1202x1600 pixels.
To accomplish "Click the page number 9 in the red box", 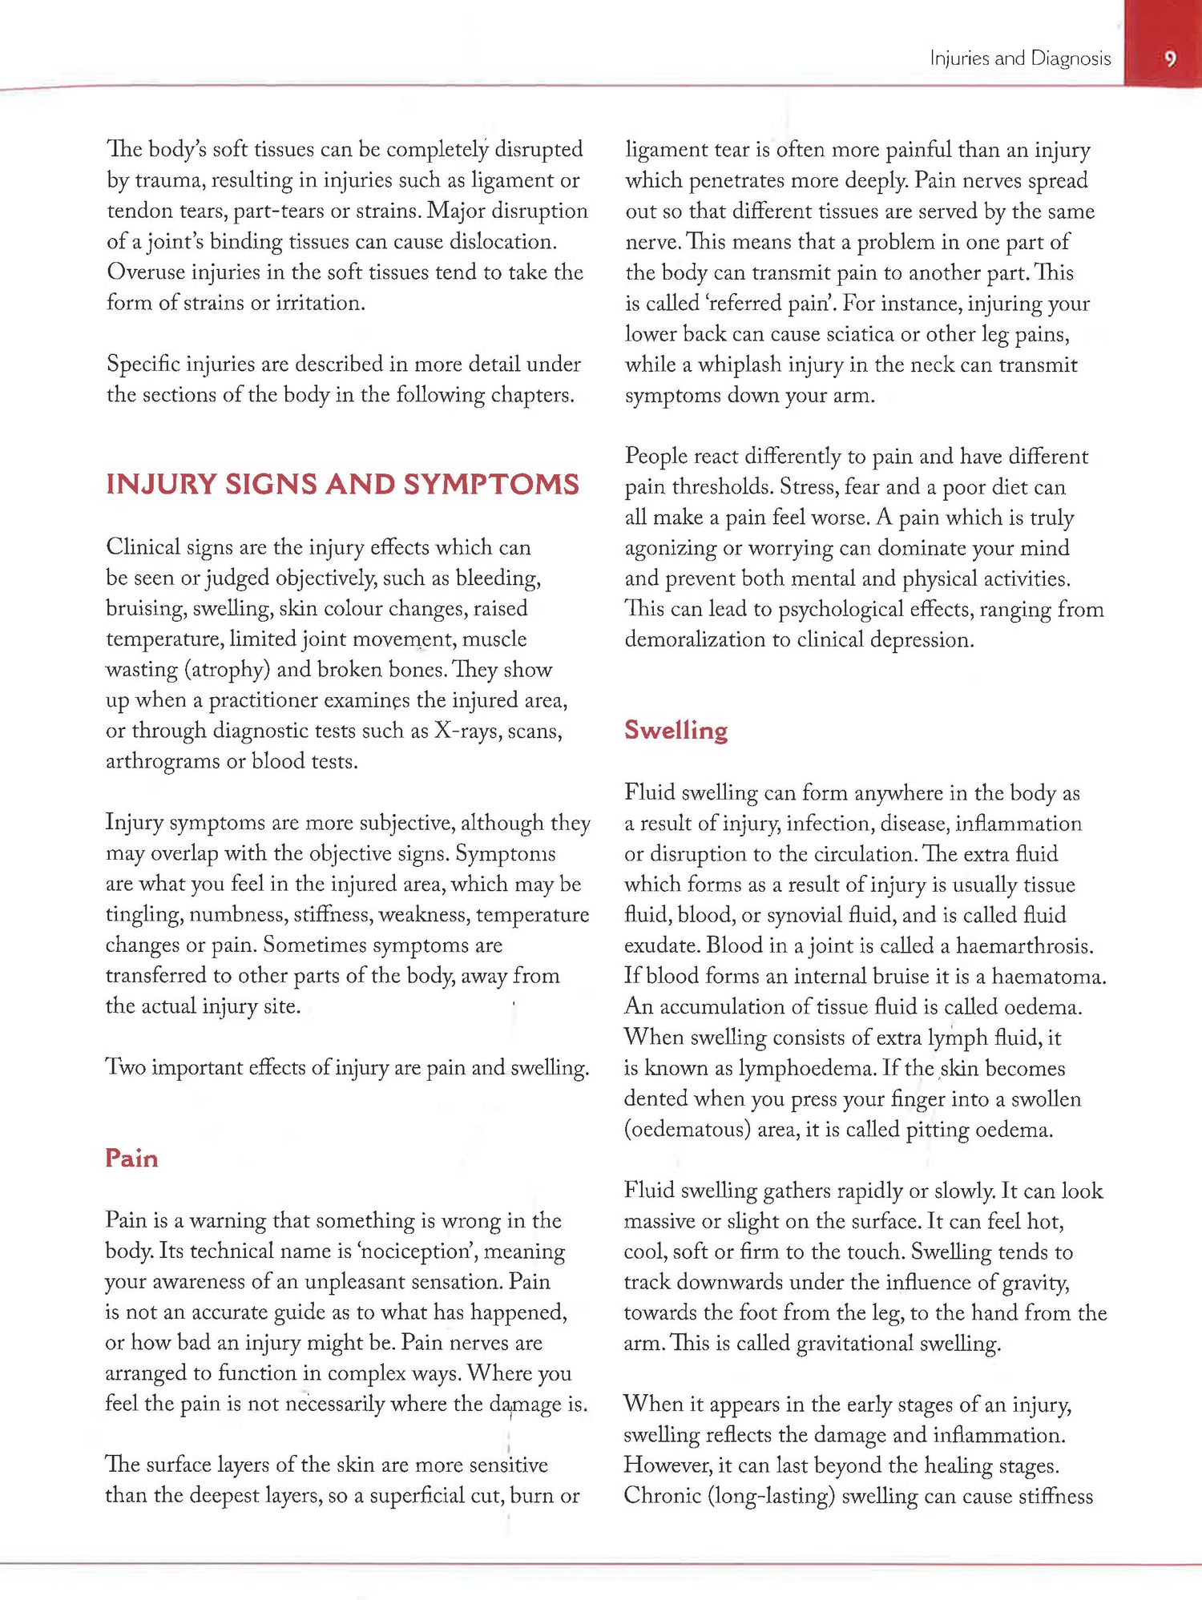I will [1170, 58].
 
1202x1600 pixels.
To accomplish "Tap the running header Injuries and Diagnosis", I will [1020, 58].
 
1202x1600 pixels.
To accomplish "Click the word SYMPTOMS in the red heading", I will [491, 485].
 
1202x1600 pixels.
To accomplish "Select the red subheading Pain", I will [131, 1158].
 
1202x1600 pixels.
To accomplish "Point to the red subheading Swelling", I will [676, 730].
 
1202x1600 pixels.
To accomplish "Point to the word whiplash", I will [740, 365].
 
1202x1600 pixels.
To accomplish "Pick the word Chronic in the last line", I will [662, 1496].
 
